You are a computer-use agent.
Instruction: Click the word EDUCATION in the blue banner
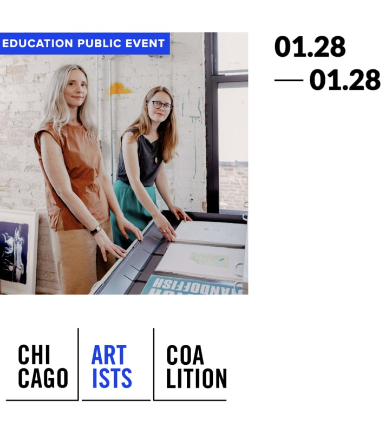37,43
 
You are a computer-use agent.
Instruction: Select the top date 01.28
310,47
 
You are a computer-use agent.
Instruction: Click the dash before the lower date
289,81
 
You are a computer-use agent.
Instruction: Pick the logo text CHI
34,355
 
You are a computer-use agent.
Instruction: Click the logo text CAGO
43,378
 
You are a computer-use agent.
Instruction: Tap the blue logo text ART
108,355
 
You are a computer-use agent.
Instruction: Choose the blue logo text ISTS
112,378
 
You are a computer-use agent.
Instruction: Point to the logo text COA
185,355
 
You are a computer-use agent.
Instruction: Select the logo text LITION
196,378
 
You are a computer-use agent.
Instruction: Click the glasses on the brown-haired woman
161,105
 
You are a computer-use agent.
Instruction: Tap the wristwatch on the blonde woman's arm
96,231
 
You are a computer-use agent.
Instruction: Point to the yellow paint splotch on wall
120,88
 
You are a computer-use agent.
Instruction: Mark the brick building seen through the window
233,184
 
